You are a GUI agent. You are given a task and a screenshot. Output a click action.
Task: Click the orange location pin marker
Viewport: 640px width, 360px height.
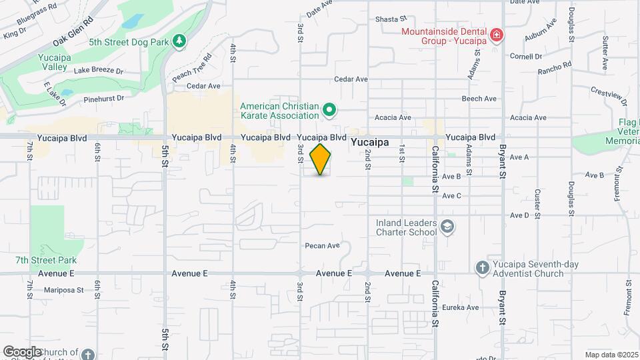321,159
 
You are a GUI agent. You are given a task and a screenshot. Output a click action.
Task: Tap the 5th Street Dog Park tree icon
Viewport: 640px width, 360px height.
179,41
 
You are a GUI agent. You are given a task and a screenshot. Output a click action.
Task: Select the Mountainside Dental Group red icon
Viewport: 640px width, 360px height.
496,35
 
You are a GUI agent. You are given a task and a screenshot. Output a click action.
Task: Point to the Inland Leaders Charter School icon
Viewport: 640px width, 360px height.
447,228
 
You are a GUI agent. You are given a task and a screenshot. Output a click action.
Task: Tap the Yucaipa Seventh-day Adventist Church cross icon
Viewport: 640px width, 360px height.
483,267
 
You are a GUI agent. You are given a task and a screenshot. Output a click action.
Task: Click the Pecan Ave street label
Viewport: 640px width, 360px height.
323,245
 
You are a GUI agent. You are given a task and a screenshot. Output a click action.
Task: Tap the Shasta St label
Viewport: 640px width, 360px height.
391,19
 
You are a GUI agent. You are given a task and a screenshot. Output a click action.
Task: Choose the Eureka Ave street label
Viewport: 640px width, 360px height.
463,307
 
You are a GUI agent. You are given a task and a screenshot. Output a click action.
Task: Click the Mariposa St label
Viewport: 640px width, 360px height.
63,290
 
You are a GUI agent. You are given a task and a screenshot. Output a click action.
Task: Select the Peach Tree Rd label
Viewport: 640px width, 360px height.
192,67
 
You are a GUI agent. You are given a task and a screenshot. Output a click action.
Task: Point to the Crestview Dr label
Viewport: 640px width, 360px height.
609,95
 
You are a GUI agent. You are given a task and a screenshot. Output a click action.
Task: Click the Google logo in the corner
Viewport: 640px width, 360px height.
22,351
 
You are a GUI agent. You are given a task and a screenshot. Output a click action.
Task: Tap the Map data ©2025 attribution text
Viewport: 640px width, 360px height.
611,355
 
